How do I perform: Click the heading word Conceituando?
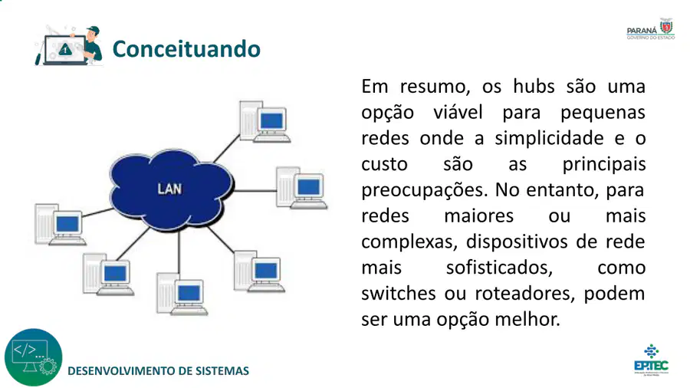(x=186, y=49)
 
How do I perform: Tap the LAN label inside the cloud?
(x=169, y=189)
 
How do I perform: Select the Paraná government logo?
(x=651, y=29)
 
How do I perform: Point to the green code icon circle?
(x=34, y=357)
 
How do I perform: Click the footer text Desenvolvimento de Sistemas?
(x=159, y=371)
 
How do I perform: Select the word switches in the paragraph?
(x=398, y=293)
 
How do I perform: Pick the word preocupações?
(x=425, y=191)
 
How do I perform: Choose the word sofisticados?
(x=499, y=268)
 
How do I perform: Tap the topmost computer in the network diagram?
(x=264, y=122)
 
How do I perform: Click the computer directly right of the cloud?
(x=301, y=188)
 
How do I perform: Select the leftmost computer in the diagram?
(x=61, y=225)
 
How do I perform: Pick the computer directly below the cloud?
(x=182, y=294)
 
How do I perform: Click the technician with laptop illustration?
(x=69, y=46)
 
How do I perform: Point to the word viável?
(x=458, y=112)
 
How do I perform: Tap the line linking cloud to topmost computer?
(x=227, y=149)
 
